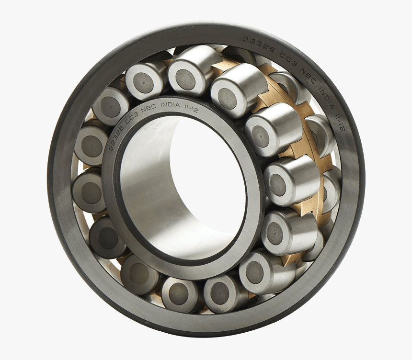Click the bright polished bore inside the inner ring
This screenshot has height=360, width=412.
click(x=158, y=191)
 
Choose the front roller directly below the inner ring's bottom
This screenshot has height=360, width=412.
click(x=180, y=293)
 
